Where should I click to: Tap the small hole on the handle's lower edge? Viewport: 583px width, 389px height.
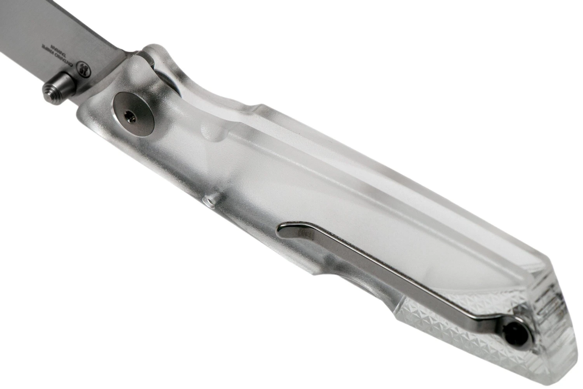[x=209, y=201]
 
